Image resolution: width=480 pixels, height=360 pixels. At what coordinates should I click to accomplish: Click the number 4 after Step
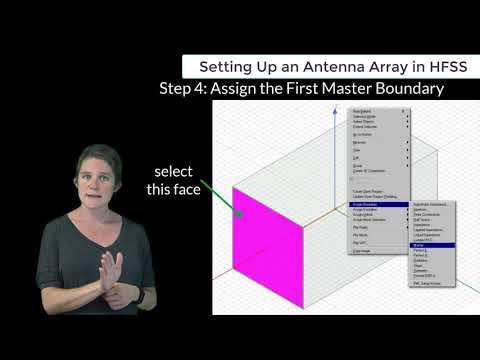[198, 88]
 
